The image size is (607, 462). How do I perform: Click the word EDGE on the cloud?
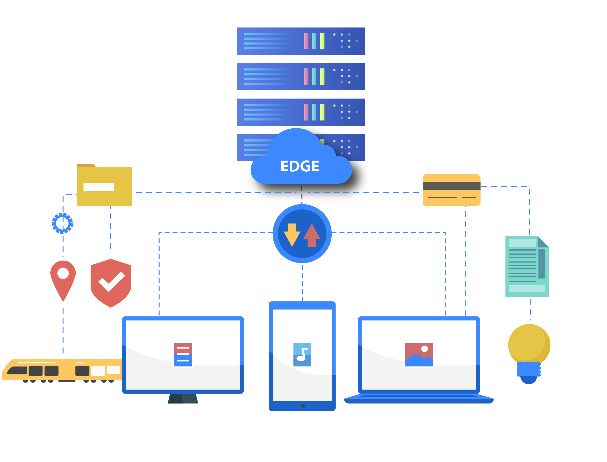click(x=300, y=166)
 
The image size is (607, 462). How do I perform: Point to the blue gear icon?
click(x=63, y=223)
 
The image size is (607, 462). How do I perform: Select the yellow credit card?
click(x=451, y=190)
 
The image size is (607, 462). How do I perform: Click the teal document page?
click(x=527, y=267)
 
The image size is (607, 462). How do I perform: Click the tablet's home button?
click(x=303, y=406)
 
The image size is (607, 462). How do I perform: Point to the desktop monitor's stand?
click(x=183, y=399)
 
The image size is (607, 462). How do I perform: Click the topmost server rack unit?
click(x=301, y=41)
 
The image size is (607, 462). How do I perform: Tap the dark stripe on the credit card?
click(x=451, y=186)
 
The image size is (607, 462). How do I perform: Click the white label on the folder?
click(x=99, y=187)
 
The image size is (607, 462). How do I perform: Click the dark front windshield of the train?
click(x=17, y=371)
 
